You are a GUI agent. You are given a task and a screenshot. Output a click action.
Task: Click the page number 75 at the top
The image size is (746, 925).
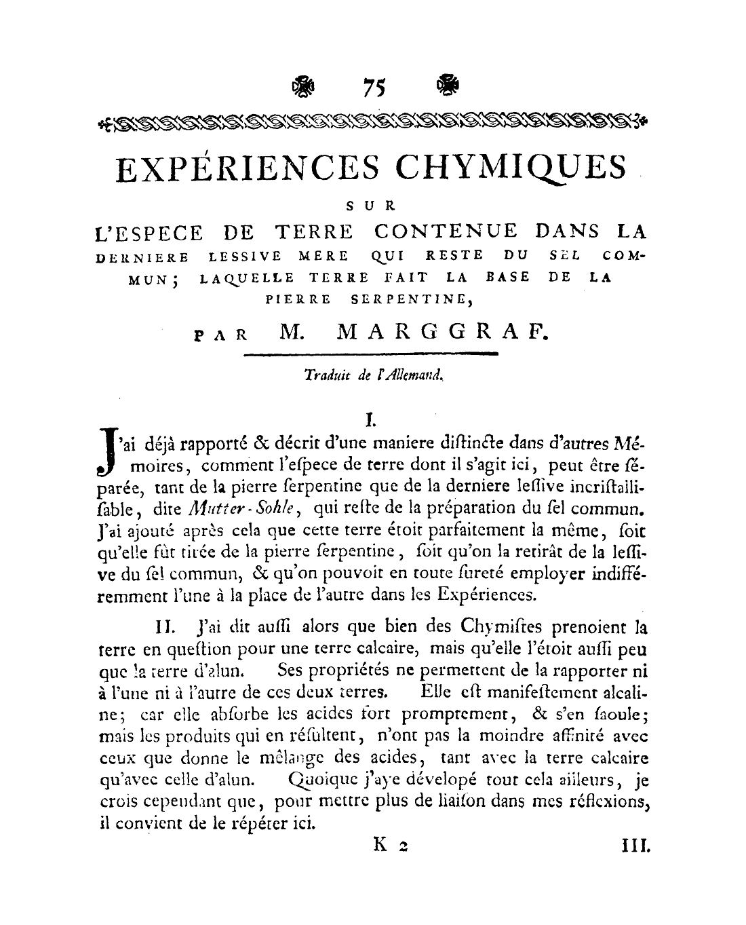pos(374,88)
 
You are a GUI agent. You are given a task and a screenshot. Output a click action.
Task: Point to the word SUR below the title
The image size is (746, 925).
pos(374,204)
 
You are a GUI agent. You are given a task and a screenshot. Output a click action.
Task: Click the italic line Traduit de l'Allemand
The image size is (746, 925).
pos(374,373)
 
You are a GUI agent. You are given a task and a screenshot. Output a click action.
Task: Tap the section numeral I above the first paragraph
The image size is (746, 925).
pos(370,421)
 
